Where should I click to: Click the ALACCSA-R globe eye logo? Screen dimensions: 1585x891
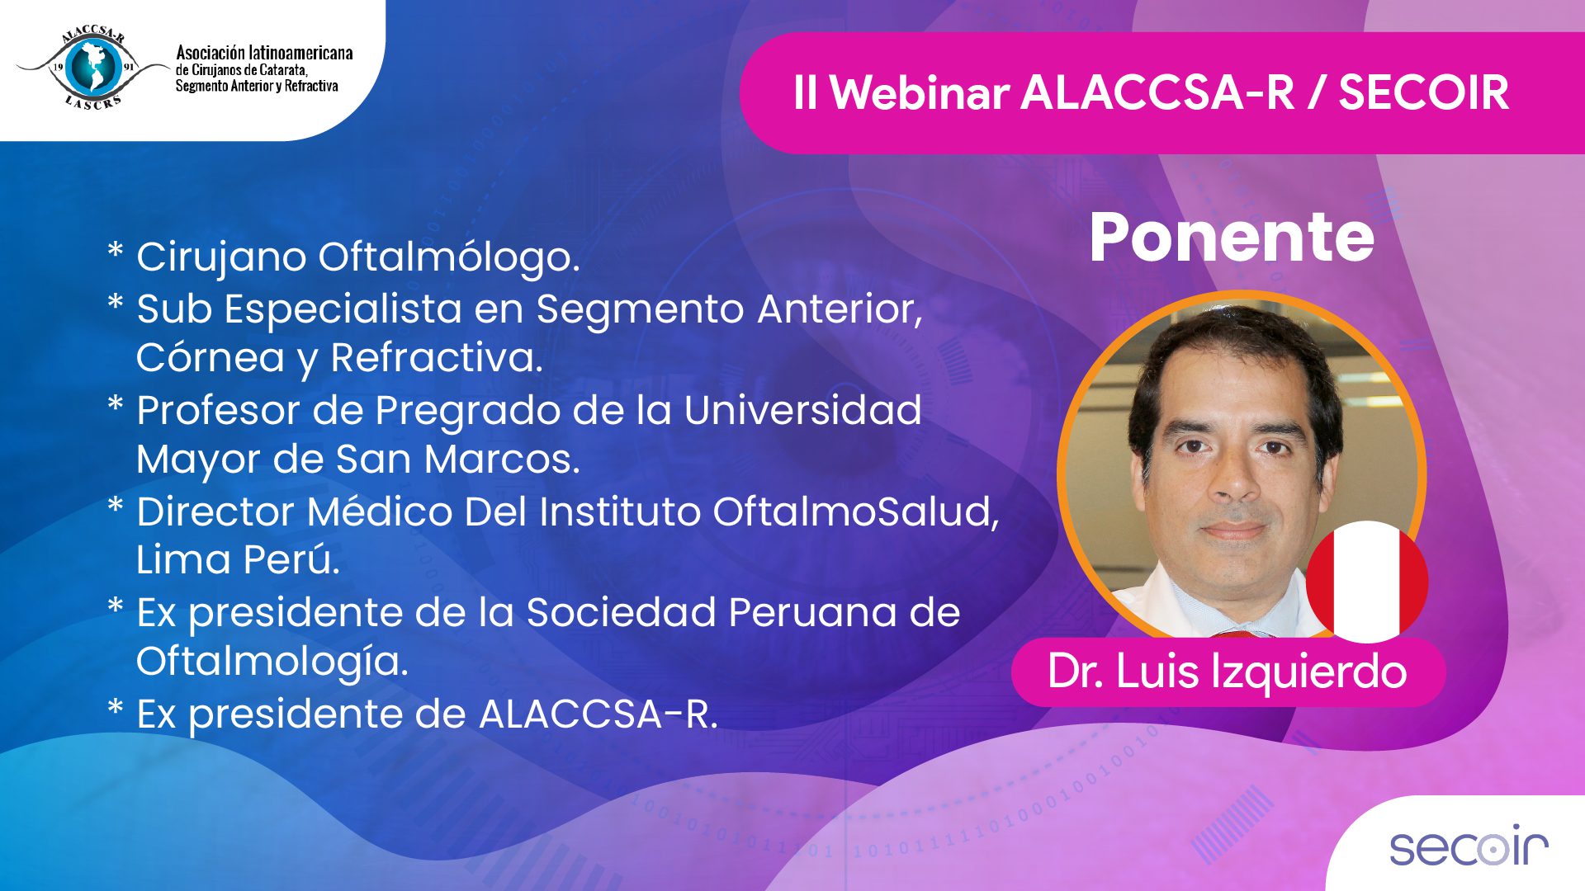click(92, 68)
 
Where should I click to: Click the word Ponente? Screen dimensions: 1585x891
click(1232, 238)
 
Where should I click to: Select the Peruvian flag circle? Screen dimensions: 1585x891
click(1367, 582)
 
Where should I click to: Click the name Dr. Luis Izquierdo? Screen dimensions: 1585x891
click(1228, 671)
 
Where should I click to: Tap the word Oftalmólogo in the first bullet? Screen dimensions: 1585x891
click(449, 257)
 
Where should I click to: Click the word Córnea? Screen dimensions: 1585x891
click(211, 357)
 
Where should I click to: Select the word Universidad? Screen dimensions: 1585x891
click(802, 410)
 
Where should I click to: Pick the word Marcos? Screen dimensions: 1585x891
click(502, 460)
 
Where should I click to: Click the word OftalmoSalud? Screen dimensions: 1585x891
click(856, 511)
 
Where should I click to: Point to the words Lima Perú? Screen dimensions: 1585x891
click(238, 560)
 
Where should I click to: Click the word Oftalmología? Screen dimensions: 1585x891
click(272, 662)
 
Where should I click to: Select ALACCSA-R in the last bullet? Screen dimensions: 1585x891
click(599, 714)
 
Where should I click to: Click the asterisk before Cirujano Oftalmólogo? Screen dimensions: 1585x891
click(116, 250)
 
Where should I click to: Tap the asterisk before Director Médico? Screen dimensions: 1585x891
click(116, 505)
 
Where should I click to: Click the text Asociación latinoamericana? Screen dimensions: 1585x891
click(264, 53)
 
